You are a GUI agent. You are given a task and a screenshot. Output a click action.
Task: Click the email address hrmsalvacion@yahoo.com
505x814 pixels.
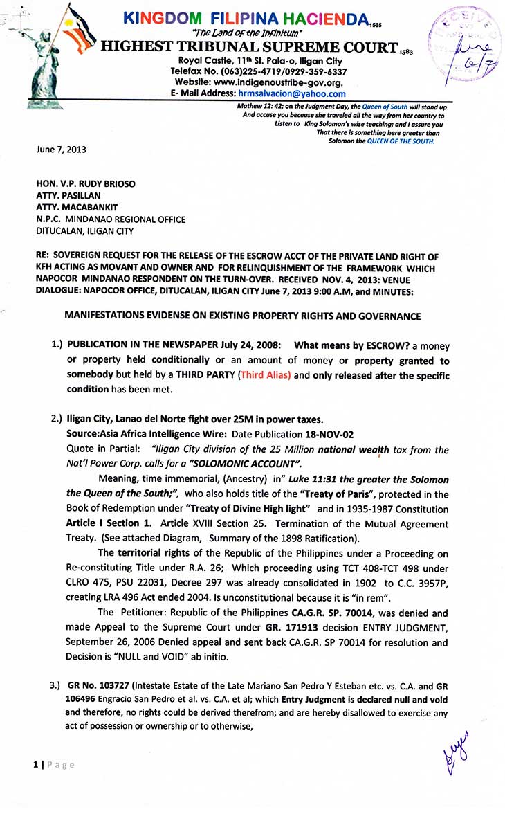[x=291, y=94]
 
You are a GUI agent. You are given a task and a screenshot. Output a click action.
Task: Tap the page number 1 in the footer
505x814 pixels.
[x=35, y=765]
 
